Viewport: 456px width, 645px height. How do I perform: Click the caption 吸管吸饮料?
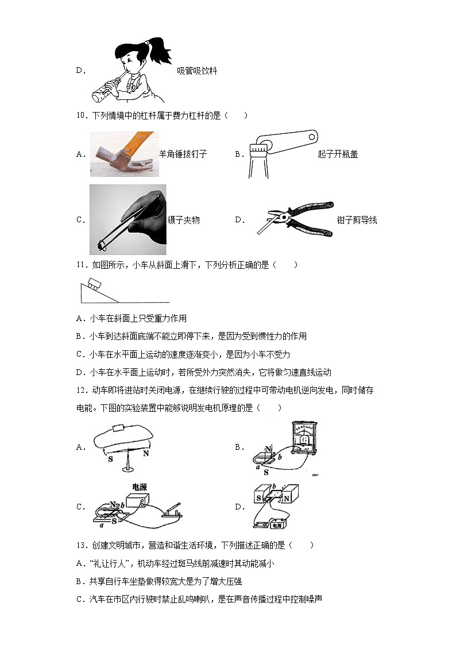(197, 71)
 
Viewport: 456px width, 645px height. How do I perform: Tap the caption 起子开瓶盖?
(338, 154)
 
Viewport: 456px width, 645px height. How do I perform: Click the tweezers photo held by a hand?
(128, 219)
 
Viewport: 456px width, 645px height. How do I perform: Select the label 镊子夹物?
(183, 220)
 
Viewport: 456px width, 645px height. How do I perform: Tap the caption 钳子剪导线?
(357, 220)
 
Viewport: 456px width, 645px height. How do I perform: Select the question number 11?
(81, 264)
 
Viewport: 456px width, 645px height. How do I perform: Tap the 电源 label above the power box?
(140, 486)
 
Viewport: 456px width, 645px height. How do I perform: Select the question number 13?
(81, 544)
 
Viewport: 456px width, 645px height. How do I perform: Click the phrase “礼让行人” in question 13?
(111, 563)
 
